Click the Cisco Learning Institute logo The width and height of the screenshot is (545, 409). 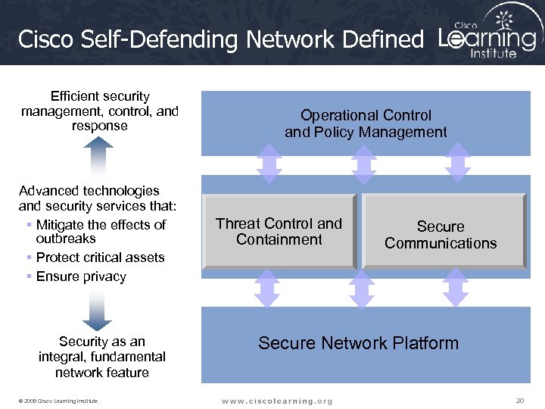[488, 34]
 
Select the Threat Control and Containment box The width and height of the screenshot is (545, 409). [279, 232]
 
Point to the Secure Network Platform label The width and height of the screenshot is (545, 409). [358, 343]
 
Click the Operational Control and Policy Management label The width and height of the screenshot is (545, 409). [366, 123]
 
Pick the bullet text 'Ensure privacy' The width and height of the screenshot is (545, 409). [81, 276]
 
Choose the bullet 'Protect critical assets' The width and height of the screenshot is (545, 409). [100, 258]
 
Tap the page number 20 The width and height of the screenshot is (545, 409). [519, 400]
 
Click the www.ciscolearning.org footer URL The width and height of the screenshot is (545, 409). [276, 400]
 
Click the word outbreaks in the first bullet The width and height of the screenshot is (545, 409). [66, 239]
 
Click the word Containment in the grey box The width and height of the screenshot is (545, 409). [279, 240]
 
